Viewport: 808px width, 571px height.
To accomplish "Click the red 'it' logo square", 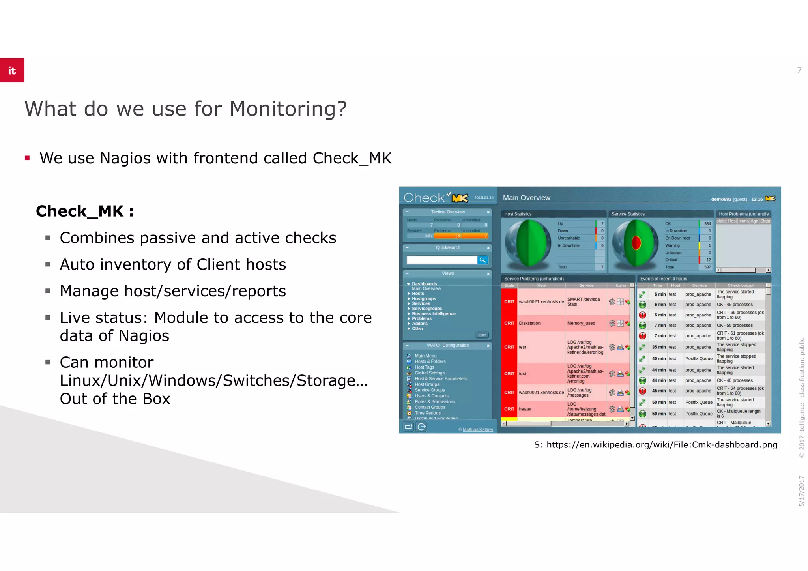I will tap(12, 70).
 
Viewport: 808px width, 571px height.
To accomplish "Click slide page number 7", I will tap(799, 70).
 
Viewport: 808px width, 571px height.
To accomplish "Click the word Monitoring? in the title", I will tap(288, 109).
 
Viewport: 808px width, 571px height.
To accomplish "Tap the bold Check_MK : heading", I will tap(85, 211).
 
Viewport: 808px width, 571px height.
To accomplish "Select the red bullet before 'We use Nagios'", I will tap(27, 158).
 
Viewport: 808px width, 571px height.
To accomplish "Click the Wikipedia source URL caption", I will tap(655, 445).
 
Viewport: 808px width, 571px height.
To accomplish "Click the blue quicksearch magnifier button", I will tap(483, 260).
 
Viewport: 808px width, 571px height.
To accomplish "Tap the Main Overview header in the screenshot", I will tap(526, 198).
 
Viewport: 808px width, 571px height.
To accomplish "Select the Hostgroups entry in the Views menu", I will tap(424, 299).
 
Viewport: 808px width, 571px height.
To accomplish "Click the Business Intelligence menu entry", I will tap(434, 314).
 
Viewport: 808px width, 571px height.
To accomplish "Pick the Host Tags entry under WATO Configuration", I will tap(424, 367).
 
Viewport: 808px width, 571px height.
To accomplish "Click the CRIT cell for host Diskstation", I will tap(509, 323).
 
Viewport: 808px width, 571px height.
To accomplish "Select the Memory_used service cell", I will tap(581, 323).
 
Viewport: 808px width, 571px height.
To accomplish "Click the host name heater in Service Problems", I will tap(525, 409).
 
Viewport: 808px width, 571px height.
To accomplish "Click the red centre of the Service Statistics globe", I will tap(636, 243).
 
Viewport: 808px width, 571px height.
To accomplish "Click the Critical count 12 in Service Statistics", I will tap(708, 260).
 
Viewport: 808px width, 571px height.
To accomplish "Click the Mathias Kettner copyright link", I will tap(478, 429).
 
